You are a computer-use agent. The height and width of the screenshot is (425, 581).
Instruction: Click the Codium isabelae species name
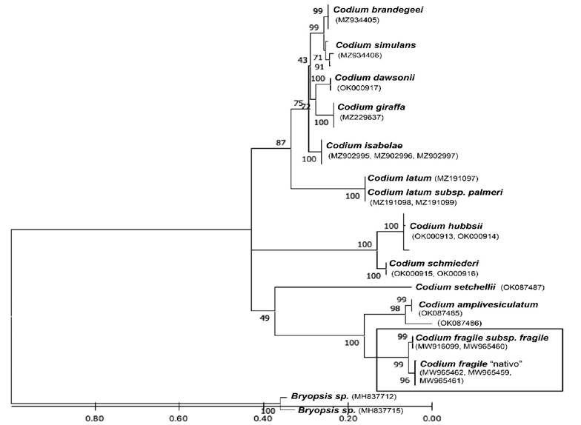click(x=361, y=144)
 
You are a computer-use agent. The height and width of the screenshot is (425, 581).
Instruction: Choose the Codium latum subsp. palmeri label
click(x=435, y=192)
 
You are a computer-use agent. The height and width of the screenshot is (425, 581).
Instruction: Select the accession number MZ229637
click(x=363, y=117)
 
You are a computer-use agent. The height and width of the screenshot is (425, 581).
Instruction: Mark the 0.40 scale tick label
click(x=263, y=418)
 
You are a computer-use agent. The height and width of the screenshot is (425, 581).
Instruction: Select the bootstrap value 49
click(x=265, y=318)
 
